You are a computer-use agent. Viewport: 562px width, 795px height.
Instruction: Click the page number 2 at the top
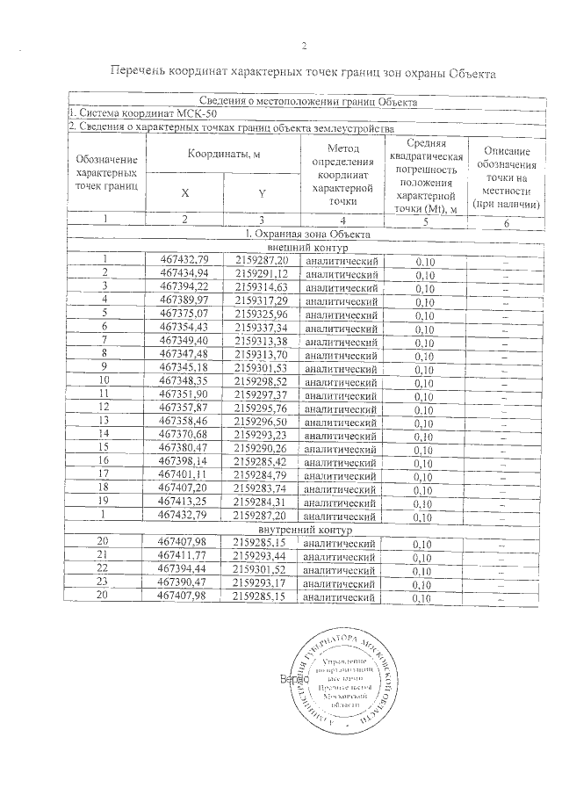coord(302,47)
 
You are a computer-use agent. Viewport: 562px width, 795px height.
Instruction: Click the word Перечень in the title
coord(142,73)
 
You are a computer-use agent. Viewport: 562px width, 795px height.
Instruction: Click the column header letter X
coord(184,192)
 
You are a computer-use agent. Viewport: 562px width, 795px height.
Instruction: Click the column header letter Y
coord(262,192)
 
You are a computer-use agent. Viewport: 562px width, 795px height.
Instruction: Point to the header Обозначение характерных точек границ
coord(106,172)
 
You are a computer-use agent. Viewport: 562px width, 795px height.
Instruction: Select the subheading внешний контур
coord(303,247)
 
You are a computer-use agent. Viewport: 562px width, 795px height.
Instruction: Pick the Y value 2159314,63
coord(262,287)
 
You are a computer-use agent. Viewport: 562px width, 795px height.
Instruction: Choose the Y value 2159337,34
coord(262,328)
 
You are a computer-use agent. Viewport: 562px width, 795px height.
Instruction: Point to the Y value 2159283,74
coord(262,488)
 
